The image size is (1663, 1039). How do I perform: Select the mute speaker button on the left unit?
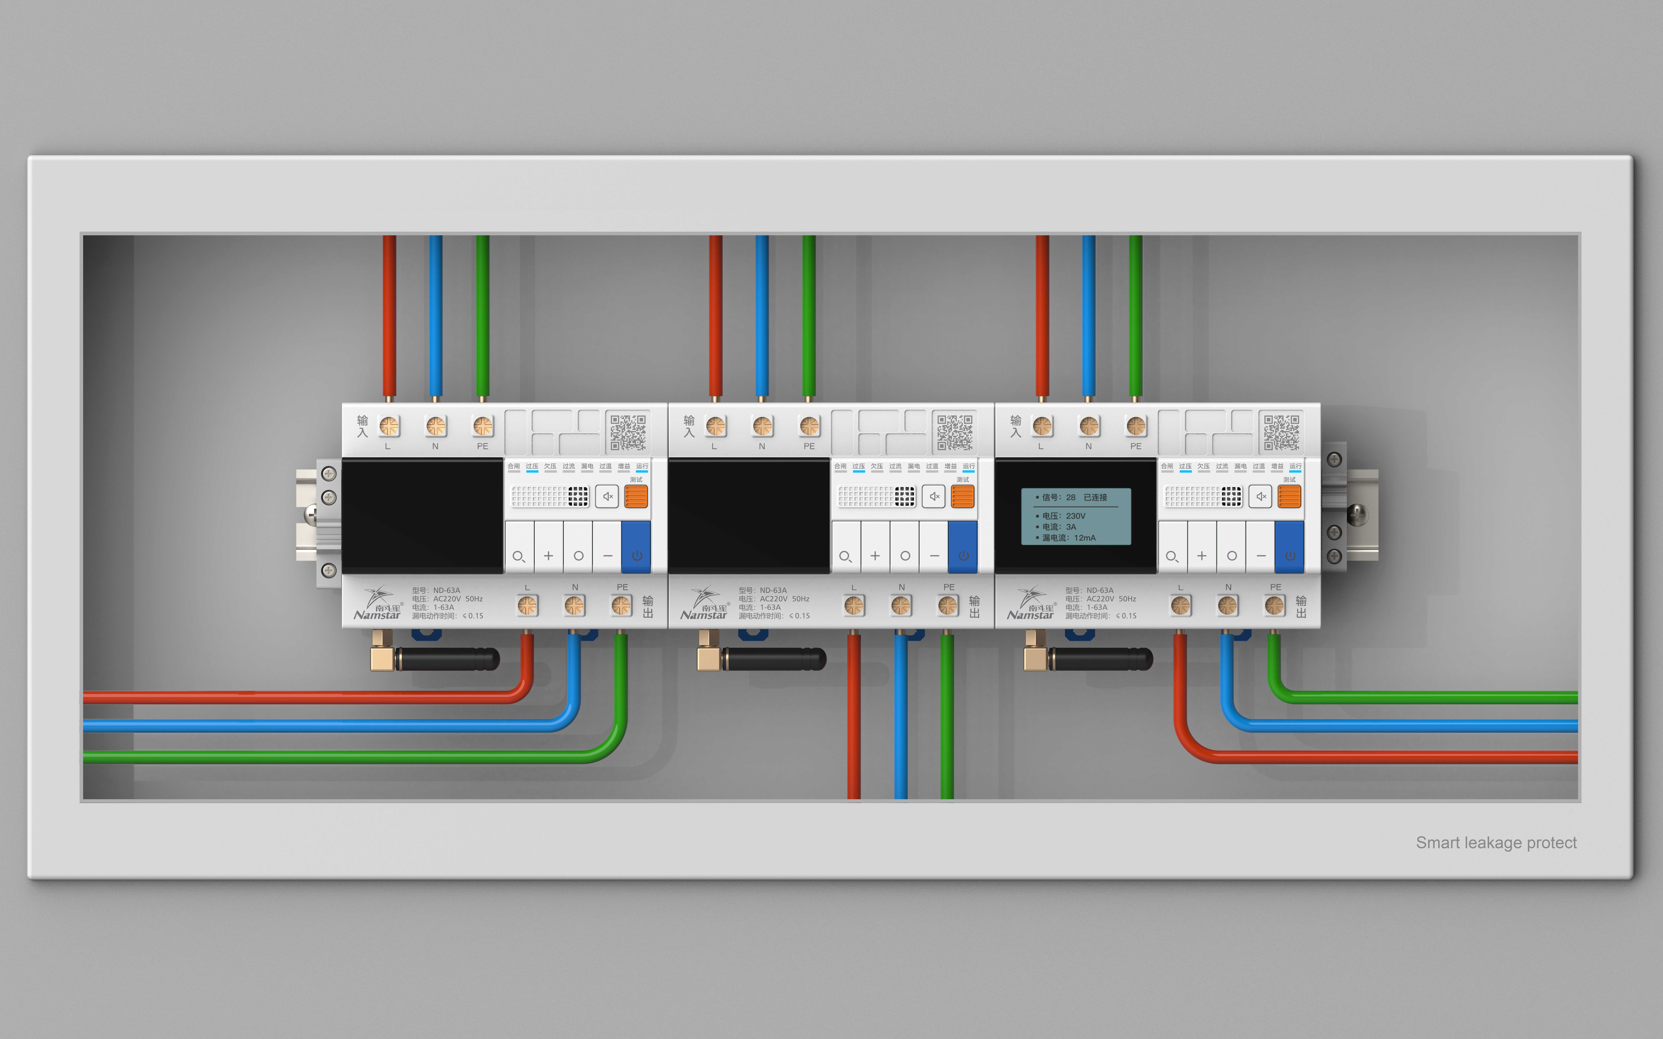pyautogui.click(x=607, y=496)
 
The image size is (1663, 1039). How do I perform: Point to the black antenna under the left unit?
pyautogui.click(x=447, y=659)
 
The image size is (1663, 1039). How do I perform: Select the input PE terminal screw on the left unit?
pyautogui.click(x=483, y=426)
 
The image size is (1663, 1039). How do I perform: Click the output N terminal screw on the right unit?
pyautogui.click(x=1228, y=605)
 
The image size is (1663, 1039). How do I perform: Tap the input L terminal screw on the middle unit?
pyautogui.click(x=716, y=426)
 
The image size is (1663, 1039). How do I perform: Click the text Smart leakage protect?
pyautogui.click(x=1496, y=842)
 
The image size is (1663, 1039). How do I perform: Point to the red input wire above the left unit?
pyautogui.click(x=389, y=316)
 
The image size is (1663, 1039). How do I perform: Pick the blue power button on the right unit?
pyautogui.click(x=1290, y=547)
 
